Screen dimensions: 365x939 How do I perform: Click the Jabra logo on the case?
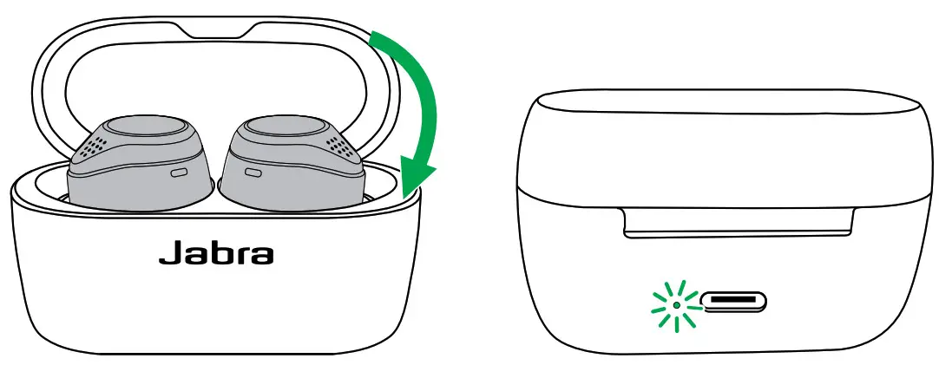click(x=216, y=254)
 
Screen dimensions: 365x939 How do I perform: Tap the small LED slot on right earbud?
click(x=254, y=173)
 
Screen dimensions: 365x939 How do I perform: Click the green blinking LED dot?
click(x=676, y=304)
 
